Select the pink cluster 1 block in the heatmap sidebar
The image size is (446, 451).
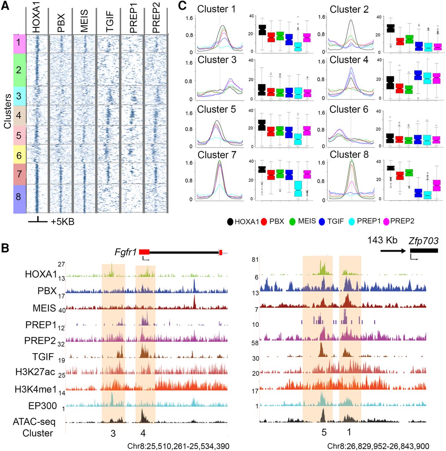(x=19, y=44)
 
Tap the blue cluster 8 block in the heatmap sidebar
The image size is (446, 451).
(x=19, y=197)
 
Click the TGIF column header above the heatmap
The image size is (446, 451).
(x=110, y=21)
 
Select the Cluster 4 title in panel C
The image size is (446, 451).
(x=349, y=60)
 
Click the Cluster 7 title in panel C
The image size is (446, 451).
(x=217, y=155)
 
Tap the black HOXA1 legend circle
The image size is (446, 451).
(x=230, y=222)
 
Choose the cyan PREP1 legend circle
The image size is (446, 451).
(x=352, y=222)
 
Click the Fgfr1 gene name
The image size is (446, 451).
(x=126, y=252)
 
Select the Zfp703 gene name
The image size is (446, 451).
(x=423, y=241)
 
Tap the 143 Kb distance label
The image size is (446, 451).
(x=382, y=240)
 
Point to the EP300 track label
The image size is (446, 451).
(x=42, y=406)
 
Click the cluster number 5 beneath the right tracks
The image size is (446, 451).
(x=324, y=432)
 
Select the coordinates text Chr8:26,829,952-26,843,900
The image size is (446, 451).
(x=378, y=446)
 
